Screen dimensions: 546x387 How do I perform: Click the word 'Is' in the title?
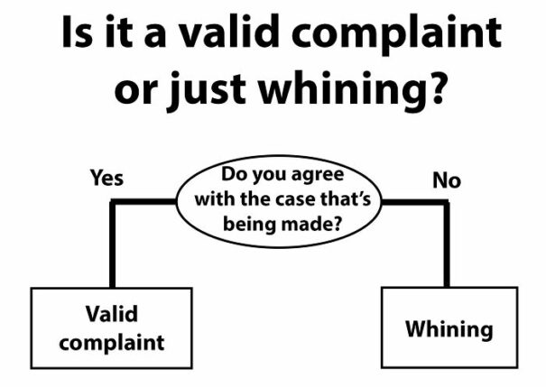(78, 32)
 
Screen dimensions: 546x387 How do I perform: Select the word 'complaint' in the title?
(396, 33)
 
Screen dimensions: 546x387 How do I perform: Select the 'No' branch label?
(447, 180)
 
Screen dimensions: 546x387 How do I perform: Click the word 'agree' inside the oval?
(318, 176)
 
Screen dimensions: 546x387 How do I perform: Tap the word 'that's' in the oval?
(346, 198)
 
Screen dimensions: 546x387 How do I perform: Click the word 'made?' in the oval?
(310, 224)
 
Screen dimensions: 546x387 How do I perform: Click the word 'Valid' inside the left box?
(112, 314)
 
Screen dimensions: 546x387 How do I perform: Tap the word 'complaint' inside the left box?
(112, 343)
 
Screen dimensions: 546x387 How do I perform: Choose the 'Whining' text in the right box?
(449, 329)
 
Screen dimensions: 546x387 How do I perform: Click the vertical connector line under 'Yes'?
(112, 244)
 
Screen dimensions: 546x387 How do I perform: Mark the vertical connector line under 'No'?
(447, 244)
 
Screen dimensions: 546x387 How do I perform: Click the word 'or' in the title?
(134, 92)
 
